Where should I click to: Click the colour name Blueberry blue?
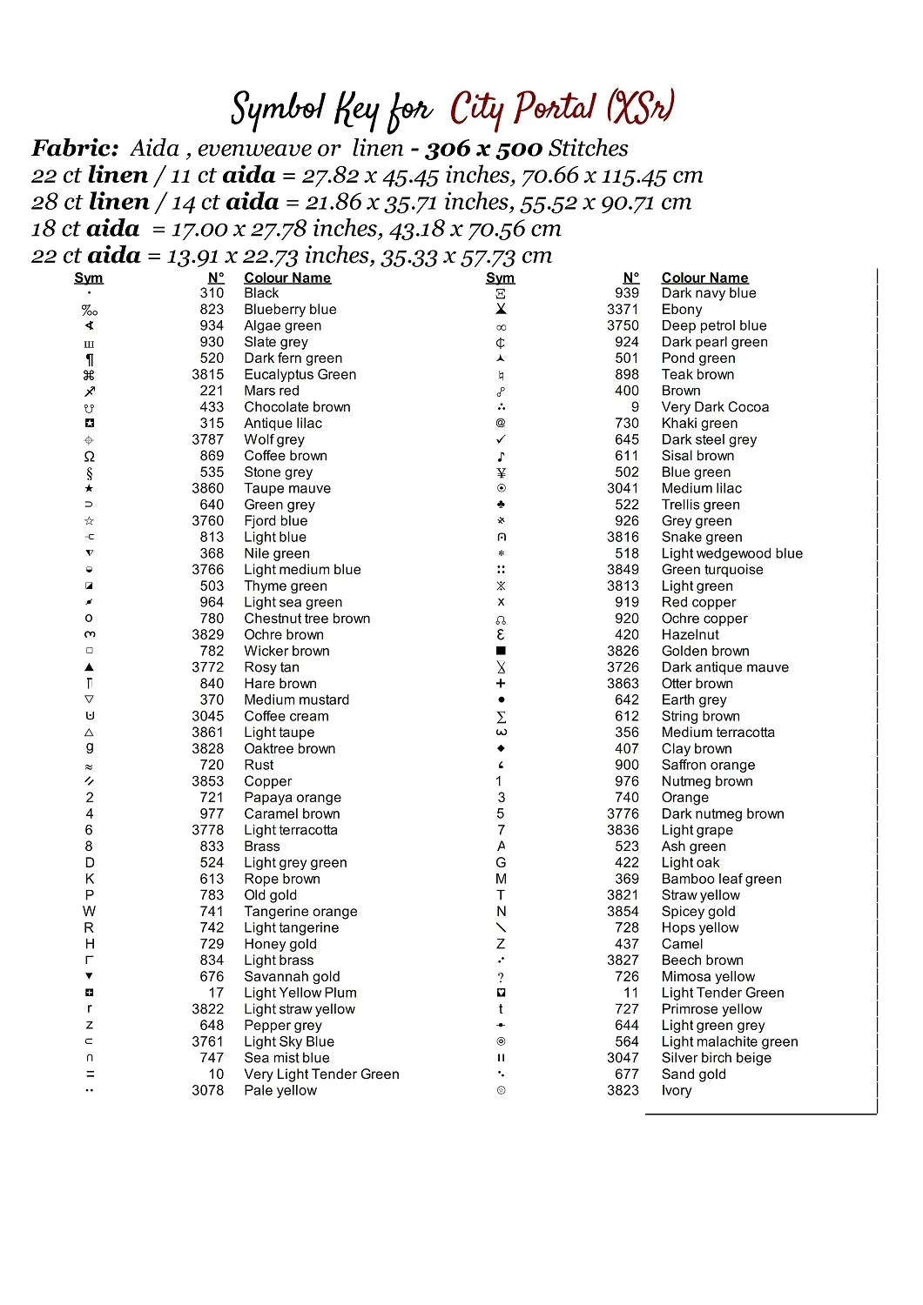pos(290,310)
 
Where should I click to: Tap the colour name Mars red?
pos(272,391)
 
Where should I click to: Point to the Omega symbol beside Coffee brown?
pos(89,457)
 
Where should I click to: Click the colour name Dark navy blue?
pos(709,293)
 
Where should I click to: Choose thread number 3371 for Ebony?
pos(623,310)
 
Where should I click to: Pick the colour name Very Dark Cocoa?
pos(715,407)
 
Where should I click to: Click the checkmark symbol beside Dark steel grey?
pos(501,439)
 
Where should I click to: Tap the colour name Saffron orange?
pos(708,765)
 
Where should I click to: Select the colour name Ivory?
pos(677,1090)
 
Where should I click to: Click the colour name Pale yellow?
pos(280,1090)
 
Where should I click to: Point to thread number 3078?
pos(208,1090)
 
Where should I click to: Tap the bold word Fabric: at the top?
pos(75,149)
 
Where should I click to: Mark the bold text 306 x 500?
pos(483,149)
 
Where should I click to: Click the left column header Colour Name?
pos(287,278)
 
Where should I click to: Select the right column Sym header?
pos(500,278)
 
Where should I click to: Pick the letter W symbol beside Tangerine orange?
pos(89,911)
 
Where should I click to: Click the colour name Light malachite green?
pos(730,1041)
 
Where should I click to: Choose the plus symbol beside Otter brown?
pos(501,684)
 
